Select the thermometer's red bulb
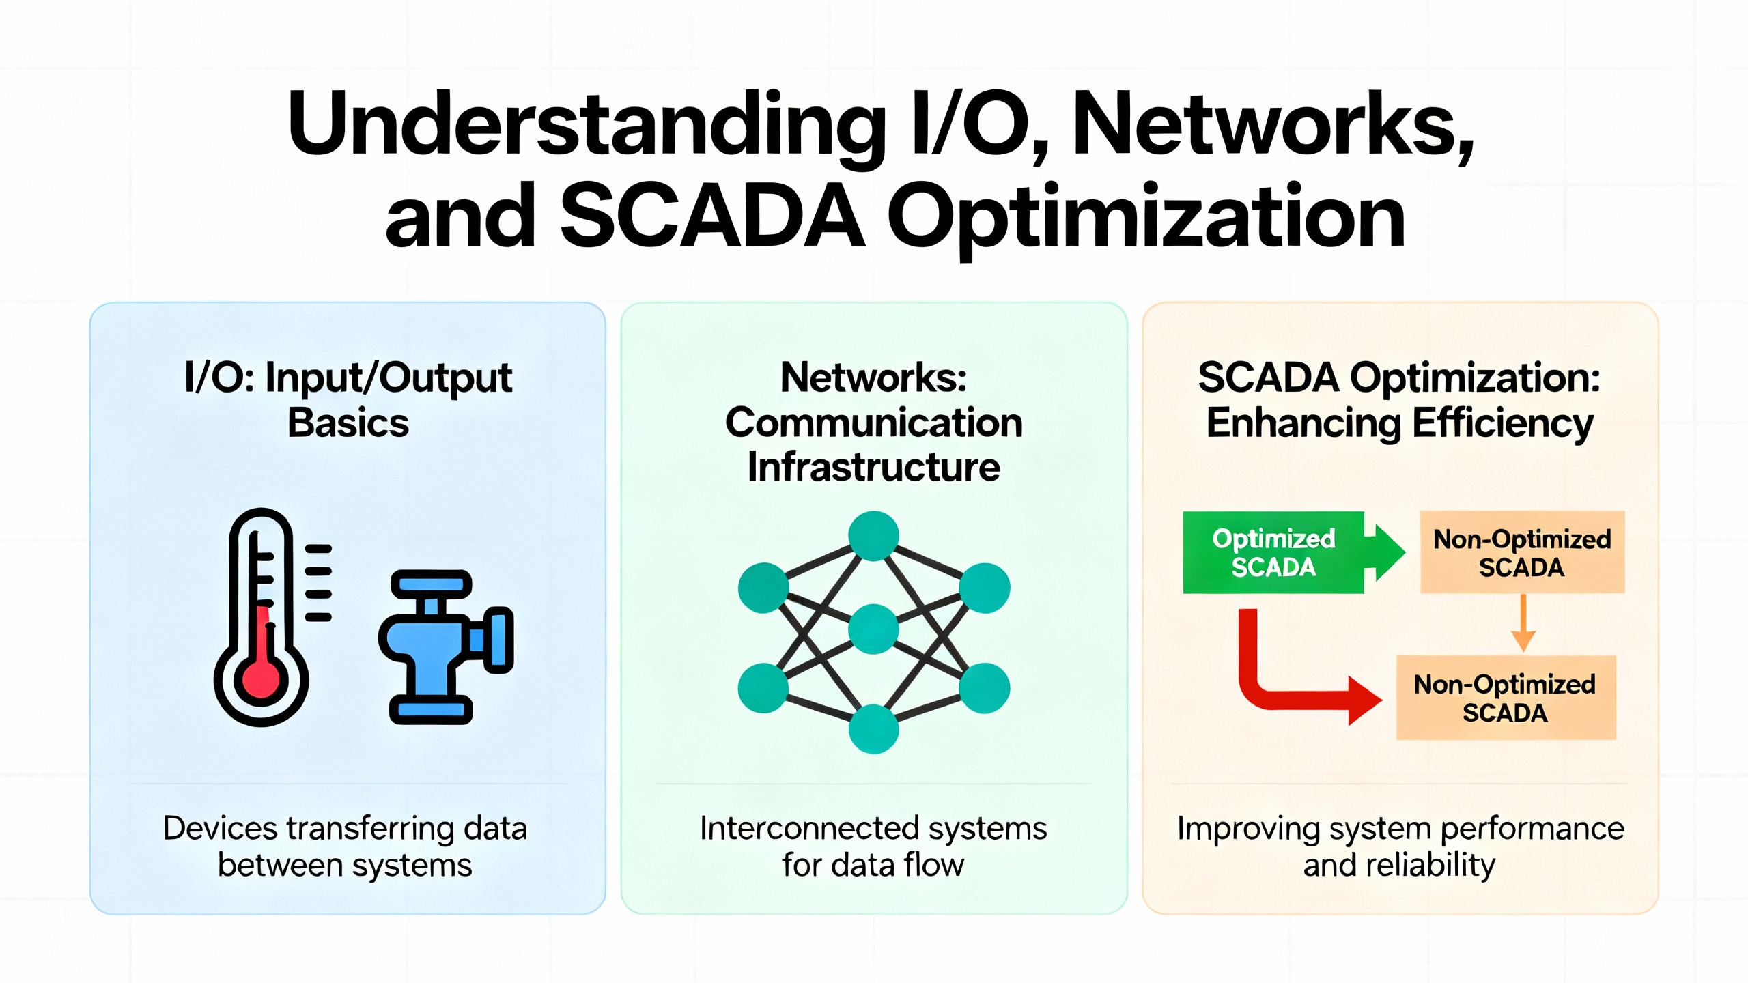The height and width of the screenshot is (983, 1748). point(261,679)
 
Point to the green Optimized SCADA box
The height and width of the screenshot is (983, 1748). point(1273,552)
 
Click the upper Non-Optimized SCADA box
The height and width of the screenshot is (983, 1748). point(1522,552)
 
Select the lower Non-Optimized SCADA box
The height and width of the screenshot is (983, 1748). point(1506,698)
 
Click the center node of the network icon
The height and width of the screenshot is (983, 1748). point(873,629)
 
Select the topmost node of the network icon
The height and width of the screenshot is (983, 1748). point(873,536)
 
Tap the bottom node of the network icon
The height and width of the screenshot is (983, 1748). point(873,729)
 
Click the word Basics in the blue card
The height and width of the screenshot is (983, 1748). point(348,423)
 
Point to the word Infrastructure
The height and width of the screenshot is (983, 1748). point(873,468)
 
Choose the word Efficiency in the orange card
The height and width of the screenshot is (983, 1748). point(1502,424)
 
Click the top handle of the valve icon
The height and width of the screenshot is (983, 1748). point(431,584)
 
